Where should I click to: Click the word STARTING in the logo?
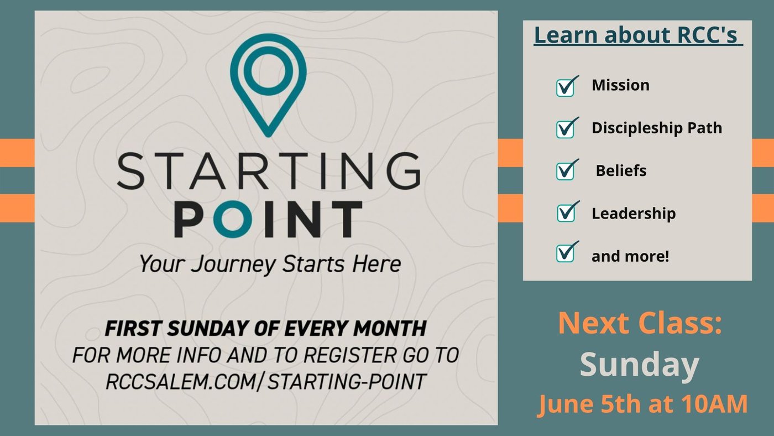[x=269, y=171]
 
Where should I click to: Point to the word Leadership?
[x=634, y=214]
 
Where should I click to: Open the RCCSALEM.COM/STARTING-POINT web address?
[x=266, y=382]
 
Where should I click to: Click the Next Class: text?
[x=640, y=323]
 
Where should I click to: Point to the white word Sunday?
[x=639, y=365]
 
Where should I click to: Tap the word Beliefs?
[x=621, y=171]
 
